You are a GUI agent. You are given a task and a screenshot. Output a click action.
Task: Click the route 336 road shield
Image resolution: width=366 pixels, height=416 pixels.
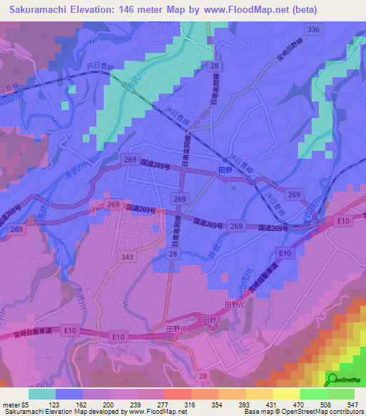312,29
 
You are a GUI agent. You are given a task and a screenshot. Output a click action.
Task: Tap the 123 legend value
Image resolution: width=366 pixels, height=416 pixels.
69,404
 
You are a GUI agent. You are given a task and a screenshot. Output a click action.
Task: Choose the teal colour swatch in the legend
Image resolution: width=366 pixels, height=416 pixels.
42,394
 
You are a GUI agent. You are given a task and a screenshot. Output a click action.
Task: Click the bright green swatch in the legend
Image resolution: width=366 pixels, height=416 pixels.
313,394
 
